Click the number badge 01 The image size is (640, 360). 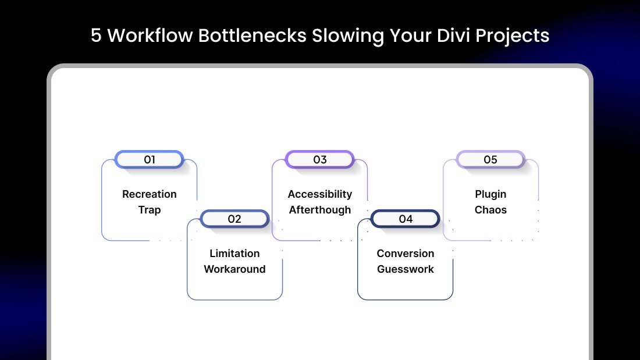click(x=150, y=159)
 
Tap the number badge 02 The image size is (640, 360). click(x=234, y=219)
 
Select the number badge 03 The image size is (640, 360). click(x=320, y=159)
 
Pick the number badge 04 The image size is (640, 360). click(x=406, y=219)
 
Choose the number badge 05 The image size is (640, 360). click(x=490, y=159)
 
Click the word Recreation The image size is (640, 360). click(x=150, y=194)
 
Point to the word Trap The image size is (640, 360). click(x=150, y=210)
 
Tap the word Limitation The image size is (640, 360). click(x=234, y=253)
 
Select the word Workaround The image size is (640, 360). click(x=234, y=269)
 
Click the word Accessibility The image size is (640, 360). click(x=320, y=194)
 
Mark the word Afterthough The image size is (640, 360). click(x=320, y=210)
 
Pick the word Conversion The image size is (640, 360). click(x=406, y=253)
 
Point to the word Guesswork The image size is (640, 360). click(x=406, y=269)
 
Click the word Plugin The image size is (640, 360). click(x=490, y=194)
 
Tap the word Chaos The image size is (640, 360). click(x=490, y=210)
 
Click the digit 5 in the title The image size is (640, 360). click(x=96, y=35)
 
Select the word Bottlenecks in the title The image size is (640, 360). click(x=253, y=35)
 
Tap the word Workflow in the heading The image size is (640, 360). click(x=150, y=35)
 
